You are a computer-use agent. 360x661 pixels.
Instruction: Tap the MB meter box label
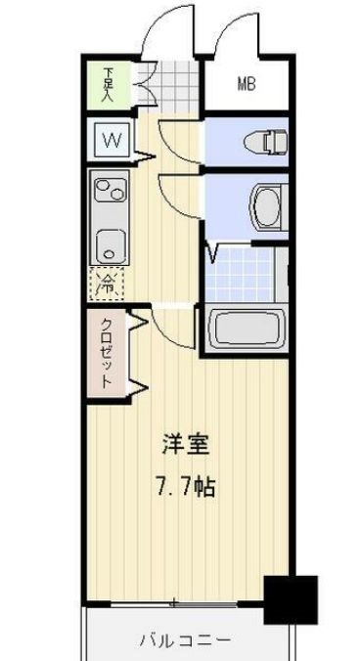click(245, 84)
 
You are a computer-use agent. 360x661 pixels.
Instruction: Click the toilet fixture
click(264, 143)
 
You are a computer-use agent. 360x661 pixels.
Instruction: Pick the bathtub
click(245, 330)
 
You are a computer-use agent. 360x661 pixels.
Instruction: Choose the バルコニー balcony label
click(183, 640)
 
